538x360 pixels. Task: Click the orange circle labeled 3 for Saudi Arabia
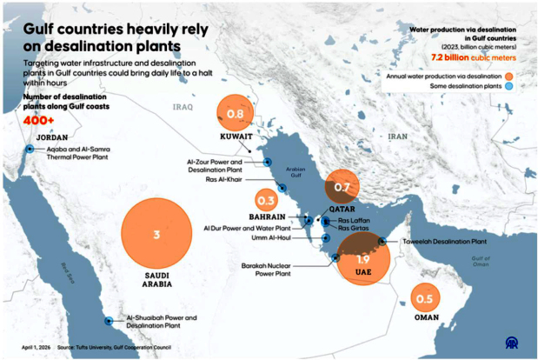tap(156, 235)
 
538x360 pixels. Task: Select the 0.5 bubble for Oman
tap(424, 300)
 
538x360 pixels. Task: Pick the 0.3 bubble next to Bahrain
tap(266, 199)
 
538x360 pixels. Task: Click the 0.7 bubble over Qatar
tap(342, 187)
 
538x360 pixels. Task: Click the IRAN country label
tap(397, 137)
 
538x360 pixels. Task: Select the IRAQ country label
tap(182, 108)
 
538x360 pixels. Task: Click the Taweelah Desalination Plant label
tap(444, 241)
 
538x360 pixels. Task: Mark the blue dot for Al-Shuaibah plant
tap(109, 321)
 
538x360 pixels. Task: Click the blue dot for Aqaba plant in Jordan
tap(29, 150)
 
